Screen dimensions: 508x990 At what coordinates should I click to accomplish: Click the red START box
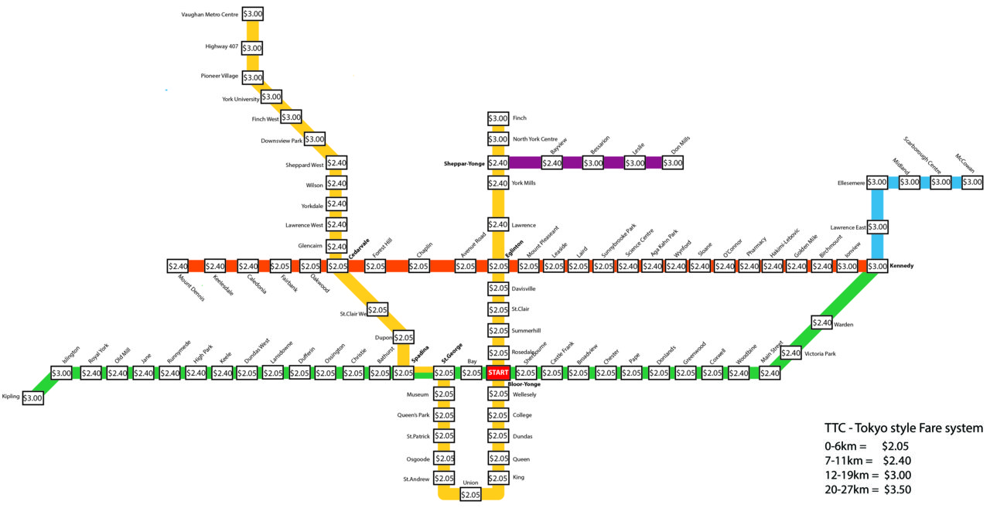pyautogui.click(x=498, y=373)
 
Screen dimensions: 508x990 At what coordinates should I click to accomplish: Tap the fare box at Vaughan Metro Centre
pyautogui.click(x=252, y=14)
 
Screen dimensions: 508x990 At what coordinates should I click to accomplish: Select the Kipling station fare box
pyautogui.click(x=33, y=397)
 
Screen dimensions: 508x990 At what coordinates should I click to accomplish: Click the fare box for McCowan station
pyautogui.click(x=972, y=182)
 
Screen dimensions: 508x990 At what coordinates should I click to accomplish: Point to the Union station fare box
pyautogui.click(x=470, y=494)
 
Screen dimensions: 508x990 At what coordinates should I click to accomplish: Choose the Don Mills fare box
pyautogui.click(x=673, y=163)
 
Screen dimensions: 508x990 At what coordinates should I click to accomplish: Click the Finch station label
pyautogui.click(x=520, y=118)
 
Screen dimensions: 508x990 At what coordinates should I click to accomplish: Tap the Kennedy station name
pyautogui.click(x=902, y=266)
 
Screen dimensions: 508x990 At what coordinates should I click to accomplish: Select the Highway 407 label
pyautogui.click(x=221, y=47)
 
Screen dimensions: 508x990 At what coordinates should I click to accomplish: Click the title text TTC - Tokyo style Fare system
pyautogui.click(x=903, y=428)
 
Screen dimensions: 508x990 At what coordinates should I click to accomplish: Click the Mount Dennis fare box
pyautogui.click(x=178, y=266)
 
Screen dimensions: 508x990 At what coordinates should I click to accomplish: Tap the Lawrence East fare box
pyautogui.click(x=878, y=227)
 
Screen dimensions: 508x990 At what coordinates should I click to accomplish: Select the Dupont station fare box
pyautogui.click(x=404, y=338)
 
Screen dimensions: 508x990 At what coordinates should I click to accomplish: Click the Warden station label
pyautogui.click(x=843, y=325)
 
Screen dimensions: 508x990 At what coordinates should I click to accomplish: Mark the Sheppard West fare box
pyautogui.click(x=336, y=163)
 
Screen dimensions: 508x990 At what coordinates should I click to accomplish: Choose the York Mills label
pyautogui.click(x=524, y=183)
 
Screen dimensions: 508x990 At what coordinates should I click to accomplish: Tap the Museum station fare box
pyautogui.click(x=444, y=394)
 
